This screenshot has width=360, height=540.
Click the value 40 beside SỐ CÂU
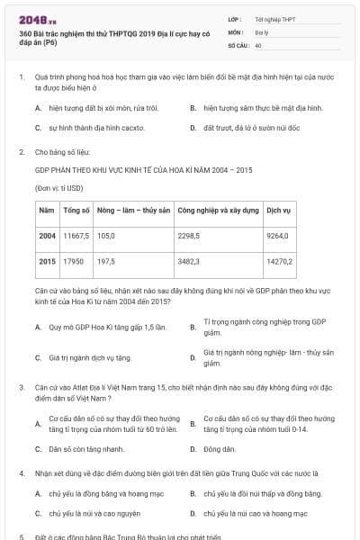[x=258, y=44]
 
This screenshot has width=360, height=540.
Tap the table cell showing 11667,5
[x=75, y=235]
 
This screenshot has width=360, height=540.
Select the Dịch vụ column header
[x=279, y=210]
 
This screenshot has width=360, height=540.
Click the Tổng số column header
[x=76, y=210]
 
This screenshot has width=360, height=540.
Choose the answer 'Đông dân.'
[x=220, y=448]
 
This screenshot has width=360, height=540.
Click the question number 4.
[x=21, y=472]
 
